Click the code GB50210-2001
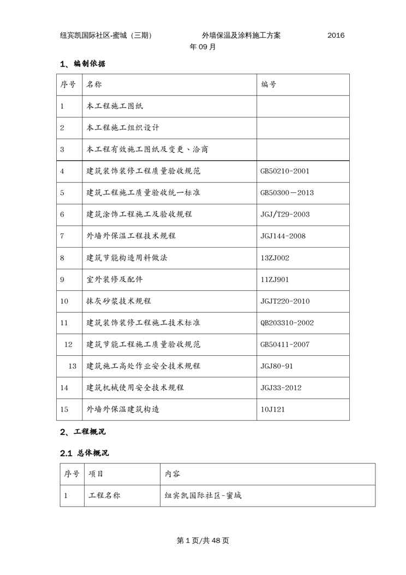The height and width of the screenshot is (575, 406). (285, 171)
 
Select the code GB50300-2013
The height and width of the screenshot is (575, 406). (287, 193)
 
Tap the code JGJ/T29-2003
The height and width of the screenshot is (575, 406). (285, 214)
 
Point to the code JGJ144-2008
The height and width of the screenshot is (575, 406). (283, 236)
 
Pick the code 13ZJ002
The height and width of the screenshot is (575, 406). (275, 257)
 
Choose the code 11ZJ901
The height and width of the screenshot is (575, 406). (274, 279)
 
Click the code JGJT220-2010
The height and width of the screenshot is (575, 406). (285, 301)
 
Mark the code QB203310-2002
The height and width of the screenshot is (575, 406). (287, 322)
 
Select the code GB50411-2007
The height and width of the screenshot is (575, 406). (285, 344)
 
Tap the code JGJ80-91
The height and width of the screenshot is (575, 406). (277, 366)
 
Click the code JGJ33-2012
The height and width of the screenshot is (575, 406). (281, 388)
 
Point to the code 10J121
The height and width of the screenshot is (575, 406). (273, 409)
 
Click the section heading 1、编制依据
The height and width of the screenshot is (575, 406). (82, 64)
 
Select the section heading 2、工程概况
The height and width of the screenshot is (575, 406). (82, 432)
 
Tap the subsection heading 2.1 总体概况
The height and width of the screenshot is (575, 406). (85, 453)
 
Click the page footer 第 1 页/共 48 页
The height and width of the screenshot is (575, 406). (203, 541)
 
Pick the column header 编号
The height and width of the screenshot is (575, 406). (268, 85)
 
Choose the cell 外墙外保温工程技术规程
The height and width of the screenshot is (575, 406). (131, 236)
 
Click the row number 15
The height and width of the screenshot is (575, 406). (64, 409)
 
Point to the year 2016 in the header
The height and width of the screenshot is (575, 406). (336, 36)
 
